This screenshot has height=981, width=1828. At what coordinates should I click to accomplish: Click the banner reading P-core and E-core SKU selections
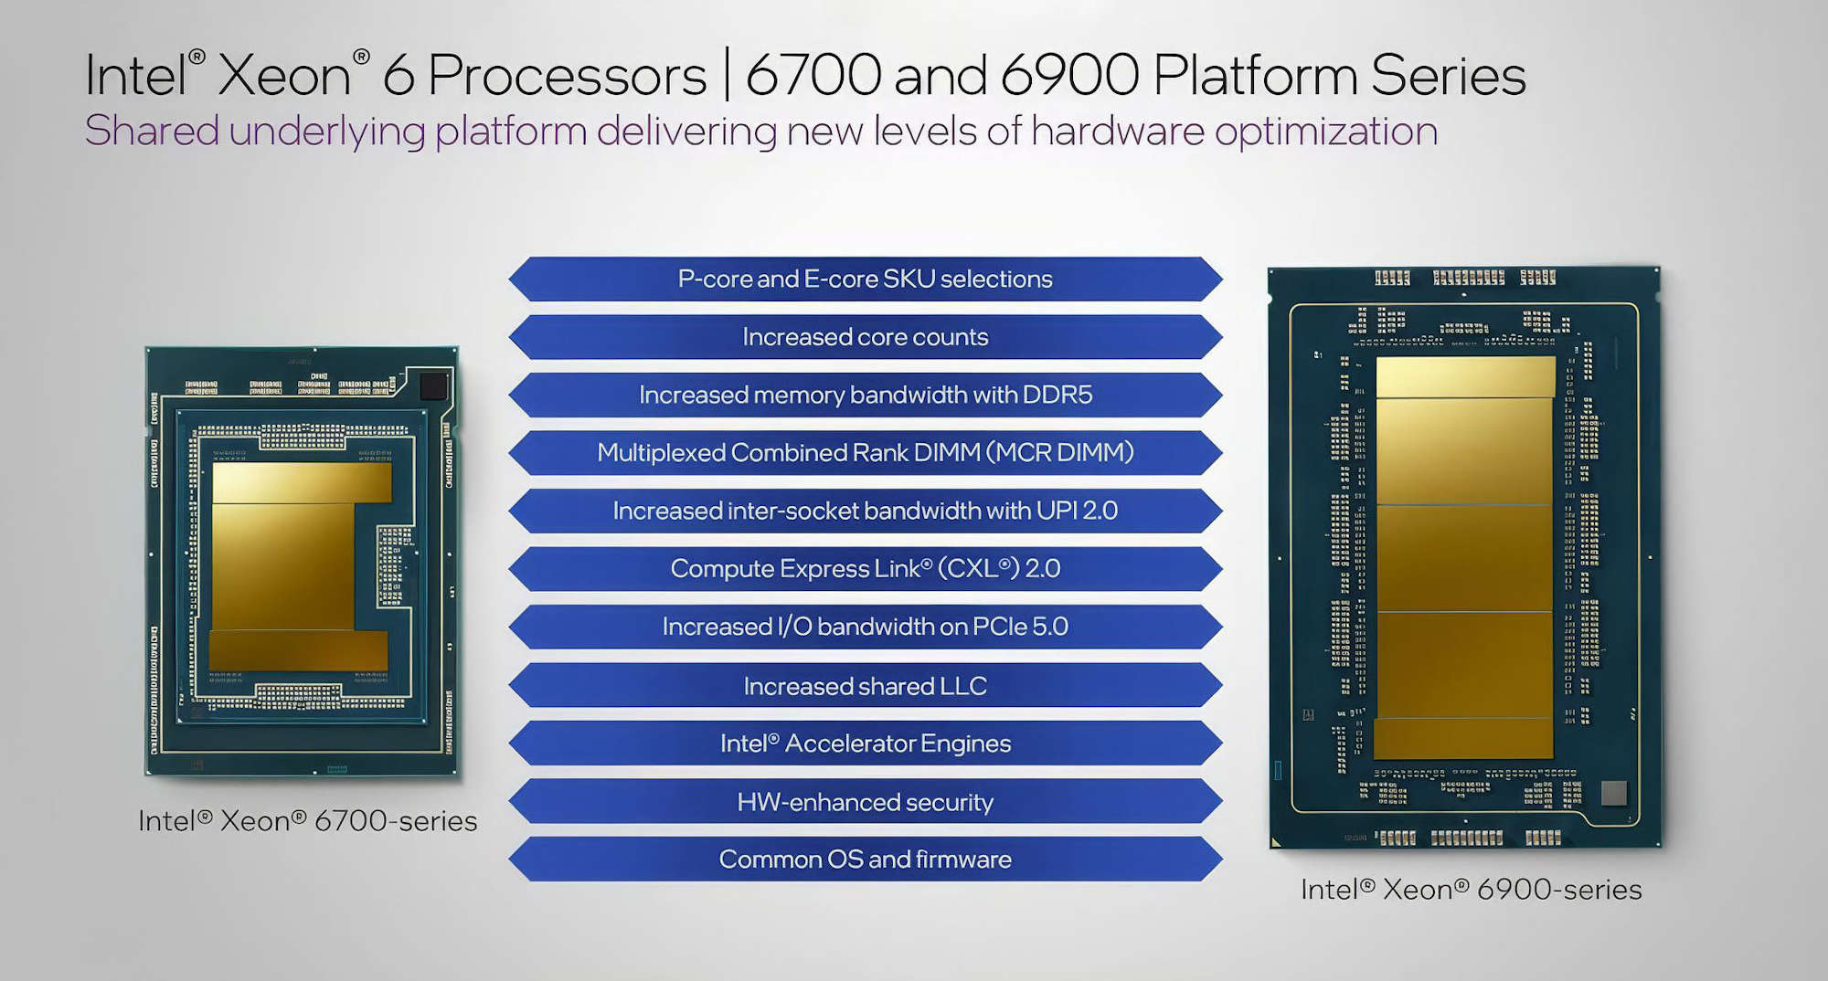pos(865,279)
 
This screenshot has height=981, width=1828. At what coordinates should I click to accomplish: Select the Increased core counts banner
pos(865,337)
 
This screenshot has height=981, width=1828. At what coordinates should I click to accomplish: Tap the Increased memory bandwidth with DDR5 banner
pos(865,395)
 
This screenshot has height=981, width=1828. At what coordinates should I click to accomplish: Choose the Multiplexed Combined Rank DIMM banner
pos(865,452)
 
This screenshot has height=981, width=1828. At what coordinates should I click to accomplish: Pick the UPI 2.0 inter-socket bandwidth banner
pos(865,511)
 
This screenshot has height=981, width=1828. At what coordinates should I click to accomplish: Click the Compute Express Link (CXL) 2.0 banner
pos(865,568)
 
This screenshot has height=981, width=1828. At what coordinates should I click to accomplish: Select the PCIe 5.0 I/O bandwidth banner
pos(865,627)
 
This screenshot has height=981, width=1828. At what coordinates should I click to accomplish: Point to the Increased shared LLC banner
pos(865,686)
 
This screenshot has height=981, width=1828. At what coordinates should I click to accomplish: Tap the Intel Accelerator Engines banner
pos(865,744)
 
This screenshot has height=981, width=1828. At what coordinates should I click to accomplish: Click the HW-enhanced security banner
pos(865,802)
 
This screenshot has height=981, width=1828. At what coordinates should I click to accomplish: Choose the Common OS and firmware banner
pos(865,860)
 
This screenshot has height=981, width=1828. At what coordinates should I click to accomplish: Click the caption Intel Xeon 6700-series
pos(307,821)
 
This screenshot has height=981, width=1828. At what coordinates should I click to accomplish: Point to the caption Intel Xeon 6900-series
pos(1471,890)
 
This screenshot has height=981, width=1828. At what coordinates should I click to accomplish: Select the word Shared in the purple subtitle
pos(152,131)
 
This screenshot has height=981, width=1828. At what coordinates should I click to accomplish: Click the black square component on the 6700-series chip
pos(433,386)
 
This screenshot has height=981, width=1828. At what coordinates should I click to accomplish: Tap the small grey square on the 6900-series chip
pos(1614,793)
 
